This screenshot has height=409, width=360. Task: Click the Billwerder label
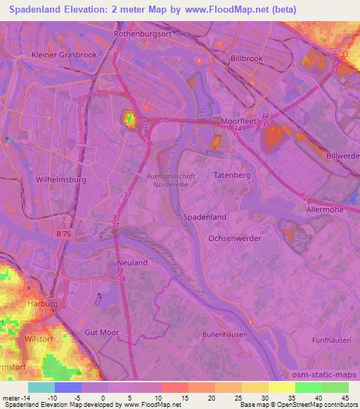[343, 155]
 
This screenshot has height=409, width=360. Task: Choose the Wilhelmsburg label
[60, 179]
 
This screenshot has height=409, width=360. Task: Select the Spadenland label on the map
[205, 218]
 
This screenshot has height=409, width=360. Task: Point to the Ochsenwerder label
[235, 239]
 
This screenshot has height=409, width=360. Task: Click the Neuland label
[131, 262]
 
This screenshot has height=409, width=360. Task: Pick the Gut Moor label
[102, 332]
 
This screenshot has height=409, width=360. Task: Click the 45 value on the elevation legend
[346, 397]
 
